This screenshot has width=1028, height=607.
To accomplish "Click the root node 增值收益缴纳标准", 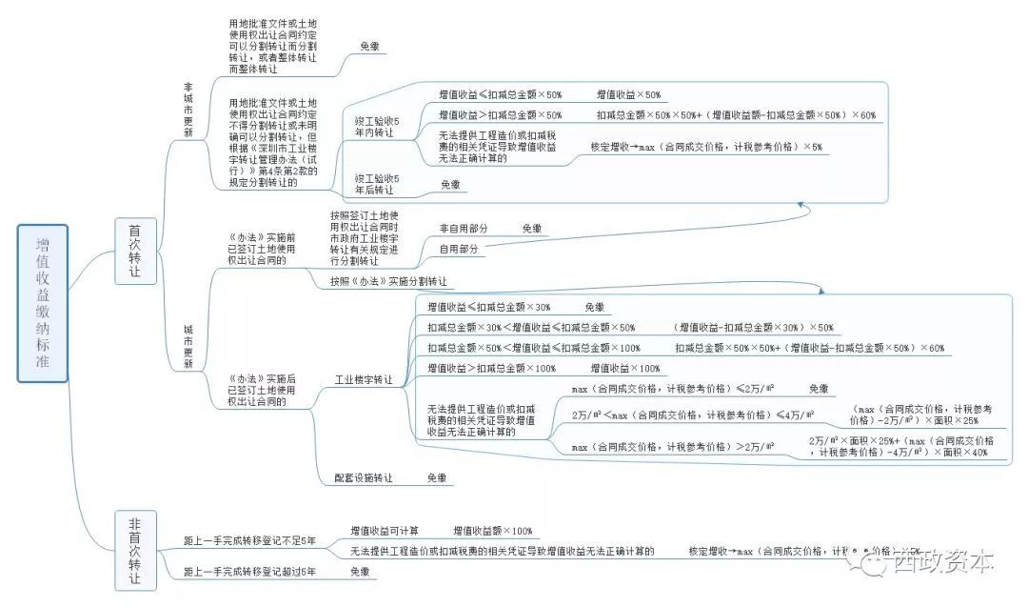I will coord(43,303).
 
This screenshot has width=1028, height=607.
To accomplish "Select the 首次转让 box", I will coord(135,251).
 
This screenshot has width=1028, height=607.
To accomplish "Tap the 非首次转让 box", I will coord(135,551).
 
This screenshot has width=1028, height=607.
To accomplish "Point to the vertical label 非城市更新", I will coord(188,111).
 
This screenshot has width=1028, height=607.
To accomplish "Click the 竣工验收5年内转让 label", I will coord(378,127).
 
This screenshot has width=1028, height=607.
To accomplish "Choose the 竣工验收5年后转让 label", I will coord(378,184).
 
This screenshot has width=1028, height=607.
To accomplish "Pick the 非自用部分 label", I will coord(464,229).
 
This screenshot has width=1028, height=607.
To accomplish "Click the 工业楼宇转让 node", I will coord(364,379).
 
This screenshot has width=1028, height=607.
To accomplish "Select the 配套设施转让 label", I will coord(363,477).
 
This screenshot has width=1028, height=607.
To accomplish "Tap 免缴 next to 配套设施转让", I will coord(436,477).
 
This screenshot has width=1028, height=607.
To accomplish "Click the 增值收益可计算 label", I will coord(384,530).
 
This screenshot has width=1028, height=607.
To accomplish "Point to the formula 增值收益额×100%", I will coord(492,530).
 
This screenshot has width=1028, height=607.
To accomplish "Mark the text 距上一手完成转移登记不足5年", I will coord(250,540).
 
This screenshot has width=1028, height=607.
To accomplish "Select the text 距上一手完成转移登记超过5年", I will coord(250,572).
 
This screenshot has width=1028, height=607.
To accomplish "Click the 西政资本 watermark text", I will coord(943,562).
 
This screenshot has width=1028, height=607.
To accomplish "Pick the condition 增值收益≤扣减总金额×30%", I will coord(489,307).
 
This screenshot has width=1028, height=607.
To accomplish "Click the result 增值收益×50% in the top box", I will coord(628,94).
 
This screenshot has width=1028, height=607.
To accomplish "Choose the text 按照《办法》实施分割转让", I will coord(388,282).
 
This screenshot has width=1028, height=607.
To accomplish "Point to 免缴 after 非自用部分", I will coord(531,229).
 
